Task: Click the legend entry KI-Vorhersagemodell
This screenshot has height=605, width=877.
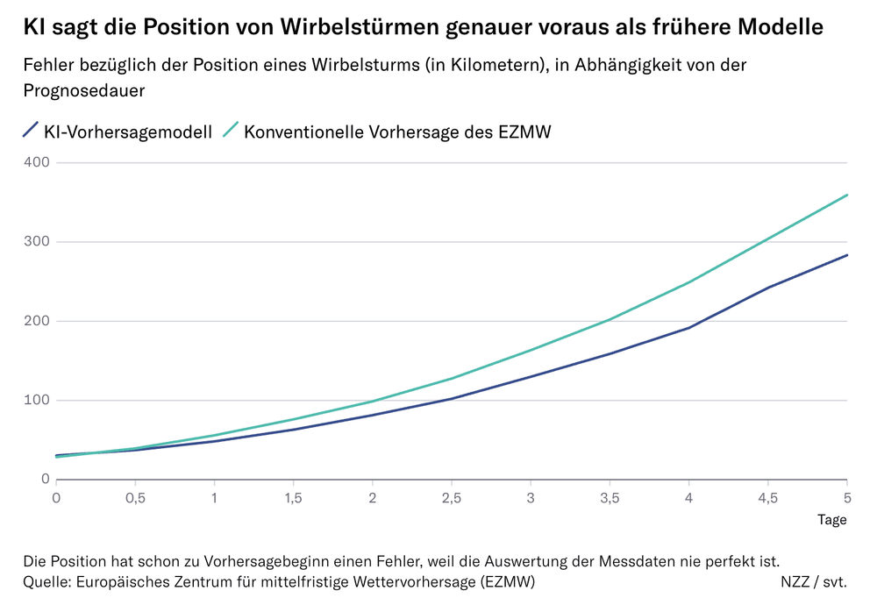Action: (127, 132)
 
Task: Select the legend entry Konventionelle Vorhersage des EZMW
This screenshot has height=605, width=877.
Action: (397, 132)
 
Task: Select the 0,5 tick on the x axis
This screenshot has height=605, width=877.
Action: (135, 498)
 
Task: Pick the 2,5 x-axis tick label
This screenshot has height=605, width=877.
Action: (452, 498)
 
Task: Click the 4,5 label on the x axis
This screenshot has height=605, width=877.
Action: (767, 498)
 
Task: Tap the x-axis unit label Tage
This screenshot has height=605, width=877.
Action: (831, 520)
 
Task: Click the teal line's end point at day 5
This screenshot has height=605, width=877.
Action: (846, 195)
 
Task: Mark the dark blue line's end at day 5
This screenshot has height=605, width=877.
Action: (846, 255)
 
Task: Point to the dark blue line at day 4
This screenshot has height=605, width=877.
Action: (688, 328)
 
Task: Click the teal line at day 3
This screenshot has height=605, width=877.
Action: (531, 350)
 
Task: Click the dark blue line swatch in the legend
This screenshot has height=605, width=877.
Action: (30, 132)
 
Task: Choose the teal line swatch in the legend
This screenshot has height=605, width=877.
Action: (230, 132)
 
